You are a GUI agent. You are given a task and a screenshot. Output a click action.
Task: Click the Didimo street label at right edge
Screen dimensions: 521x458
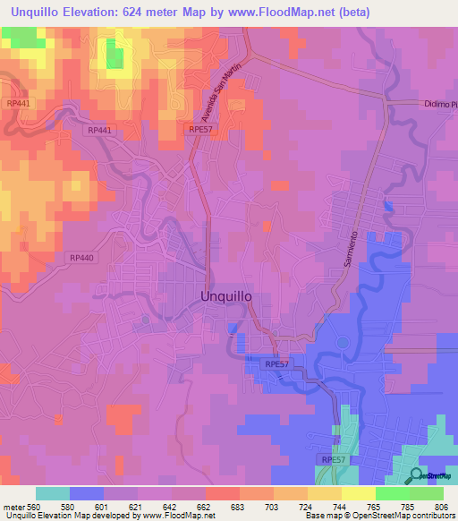tap(439, 105)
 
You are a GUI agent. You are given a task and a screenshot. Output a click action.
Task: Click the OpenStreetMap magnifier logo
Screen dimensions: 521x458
tap(417, 475)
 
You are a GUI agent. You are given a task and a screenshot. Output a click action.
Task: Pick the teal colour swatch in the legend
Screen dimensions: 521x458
tap(53, 493)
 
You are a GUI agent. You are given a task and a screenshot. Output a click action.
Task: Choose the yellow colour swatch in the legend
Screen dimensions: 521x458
tap(324, 493)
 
